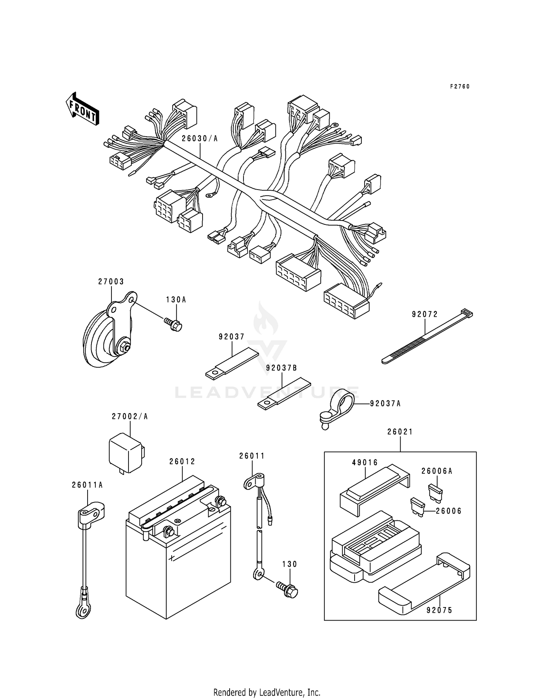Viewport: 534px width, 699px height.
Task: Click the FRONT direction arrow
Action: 82,109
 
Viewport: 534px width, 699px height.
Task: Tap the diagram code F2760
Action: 460,87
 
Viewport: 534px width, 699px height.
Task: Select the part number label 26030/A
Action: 199,139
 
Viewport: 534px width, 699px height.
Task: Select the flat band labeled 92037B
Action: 284,394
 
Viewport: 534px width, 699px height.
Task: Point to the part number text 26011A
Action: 87,485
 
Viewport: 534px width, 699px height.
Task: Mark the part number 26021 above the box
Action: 400,432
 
